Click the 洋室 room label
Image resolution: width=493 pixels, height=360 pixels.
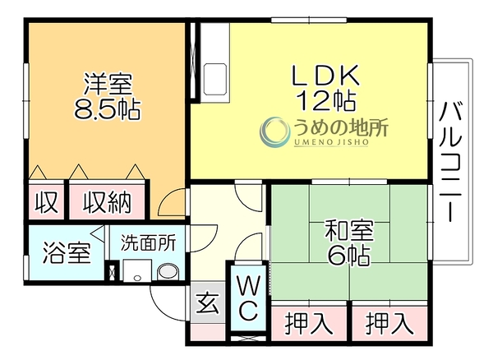click(x=108, y=84)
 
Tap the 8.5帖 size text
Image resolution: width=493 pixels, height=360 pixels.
click(x=107, y=108)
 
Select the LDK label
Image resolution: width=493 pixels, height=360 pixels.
click(x=325, y=75)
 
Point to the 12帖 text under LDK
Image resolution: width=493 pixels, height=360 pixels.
click(x=327, y=100)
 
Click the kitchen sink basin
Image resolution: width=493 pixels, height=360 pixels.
click(x=215, y=79)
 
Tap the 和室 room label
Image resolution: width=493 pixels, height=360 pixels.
click(x=349, y=231)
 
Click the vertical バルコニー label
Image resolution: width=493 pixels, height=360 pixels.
click(x=451, y=162)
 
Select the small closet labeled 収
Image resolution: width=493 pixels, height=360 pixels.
click(x=47, y=202)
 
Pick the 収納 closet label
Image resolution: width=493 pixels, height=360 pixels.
click(x=107, y=202)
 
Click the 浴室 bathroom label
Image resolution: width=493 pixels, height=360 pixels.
click(x=67, y=253)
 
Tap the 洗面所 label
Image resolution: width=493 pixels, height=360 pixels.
click(x=149, y=243)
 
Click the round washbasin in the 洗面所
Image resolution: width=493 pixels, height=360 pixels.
click(x=168, y=272)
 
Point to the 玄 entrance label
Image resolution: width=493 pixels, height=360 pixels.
click(x=208, y=302)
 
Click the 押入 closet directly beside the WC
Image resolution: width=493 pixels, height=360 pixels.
click(x=309, y=324)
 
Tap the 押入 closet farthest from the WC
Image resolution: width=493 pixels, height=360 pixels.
click(x=389, y=324)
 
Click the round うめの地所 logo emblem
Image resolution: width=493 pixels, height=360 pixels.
click(x=274, y=132)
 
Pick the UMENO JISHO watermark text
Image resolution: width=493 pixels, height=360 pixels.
click(x=331, y=142)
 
